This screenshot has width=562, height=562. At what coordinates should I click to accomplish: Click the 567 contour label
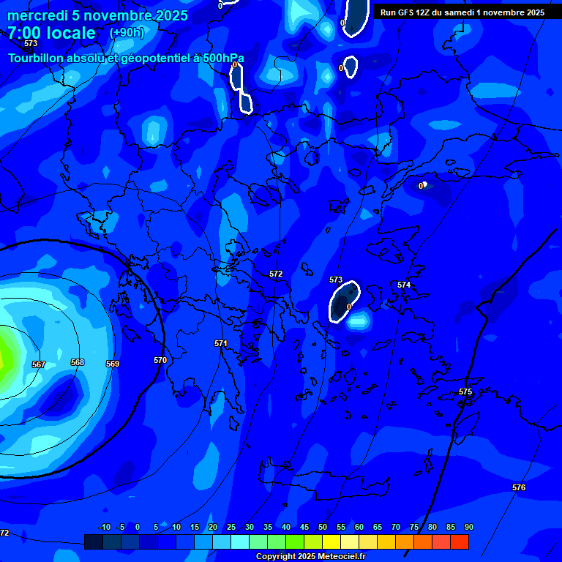pyautogui.click(x=39, y=364)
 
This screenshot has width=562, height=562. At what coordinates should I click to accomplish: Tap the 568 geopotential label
pyautogui.click(x=78, y=362)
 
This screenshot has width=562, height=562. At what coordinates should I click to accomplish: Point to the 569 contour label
pyautogui.click(x=113, y=364)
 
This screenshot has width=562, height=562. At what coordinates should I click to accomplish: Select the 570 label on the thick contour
pyautogui.click(x=160, y=360)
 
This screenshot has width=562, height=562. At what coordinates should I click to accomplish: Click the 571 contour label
pyautogui.click(x=220, y=343)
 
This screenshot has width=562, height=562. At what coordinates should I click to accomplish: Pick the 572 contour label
pyautogui.click(x=276, y=274)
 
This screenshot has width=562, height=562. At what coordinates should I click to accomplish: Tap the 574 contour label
pyautogui.click(x=404, y=285)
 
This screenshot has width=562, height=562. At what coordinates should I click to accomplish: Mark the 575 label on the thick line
pyautogui.click(x=465, y=391)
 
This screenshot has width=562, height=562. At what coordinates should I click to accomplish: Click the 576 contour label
pyautogui.click(x=519, y=487)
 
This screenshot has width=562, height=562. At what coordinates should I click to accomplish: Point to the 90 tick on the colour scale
pyautogui.click(x=468, y=527)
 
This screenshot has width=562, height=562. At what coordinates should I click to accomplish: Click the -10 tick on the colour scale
pyautogui.click(x=104, y=527)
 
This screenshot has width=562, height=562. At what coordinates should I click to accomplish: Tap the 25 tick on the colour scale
pyautogui.click(x=231, y=527)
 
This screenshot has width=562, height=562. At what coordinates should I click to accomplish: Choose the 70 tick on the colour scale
pyautogui.click(x=396, y=527)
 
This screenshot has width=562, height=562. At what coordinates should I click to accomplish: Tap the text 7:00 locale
pyautogui.click(x=51, y=33)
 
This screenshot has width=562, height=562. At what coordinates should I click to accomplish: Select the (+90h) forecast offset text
pyautogui.click(x=127, y=33)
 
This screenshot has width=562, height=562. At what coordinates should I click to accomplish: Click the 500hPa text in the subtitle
pyautogui.click(x=219, y=58)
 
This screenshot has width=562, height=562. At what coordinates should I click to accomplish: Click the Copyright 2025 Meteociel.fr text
pyautogui.click(x=310, y=556)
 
